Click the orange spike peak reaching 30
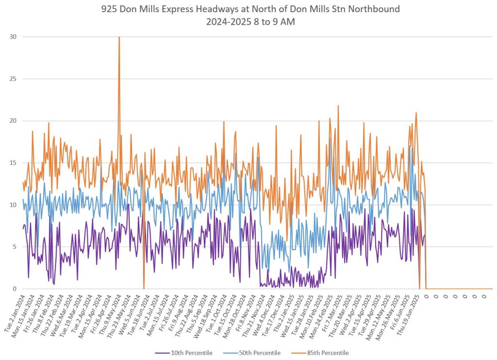[119, 37]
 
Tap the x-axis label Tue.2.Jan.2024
[15, 313]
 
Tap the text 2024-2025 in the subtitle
[230, 21]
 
